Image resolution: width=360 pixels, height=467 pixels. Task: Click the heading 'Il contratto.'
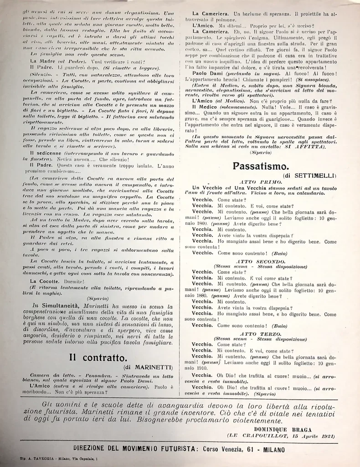click(x=98, y=357)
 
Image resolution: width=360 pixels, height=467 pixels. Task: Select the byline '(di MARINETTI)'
click(x=147, y=367)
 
